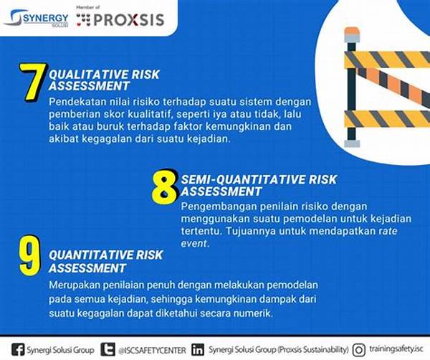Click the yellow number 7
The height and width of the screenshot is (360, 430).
[x=33, y=82]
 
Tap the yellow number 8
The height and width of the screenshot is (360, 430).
[x=165, y=187]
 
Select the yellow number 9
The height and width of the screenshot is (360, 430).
[x=29, y=255]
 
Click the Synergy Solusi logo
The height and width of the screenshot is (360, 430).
[x=37, y=18]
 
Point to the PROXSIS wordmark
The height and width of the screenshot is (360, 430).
[x=129, y=20]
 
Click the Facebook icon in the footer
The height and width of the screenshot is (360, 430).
[x=18, y=349]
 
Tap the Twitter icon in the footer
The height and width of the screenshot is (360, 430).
[x=107, y=349]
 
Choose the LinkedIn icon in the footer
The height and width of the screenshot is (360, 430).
[x=198, y=349]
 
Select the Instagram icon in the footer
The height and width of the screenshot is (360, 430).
[x=359, y=350]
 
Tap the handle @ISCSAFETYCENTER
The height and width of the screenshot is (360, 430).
[x=152, y=351]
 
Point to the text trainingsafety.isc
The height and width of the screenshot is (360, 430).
[x=396, y=349]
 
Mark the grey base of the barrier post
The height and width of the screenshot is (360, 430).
[x=352, y=143]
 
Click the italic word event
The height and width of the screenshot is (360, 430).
[x=193, y=243]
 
